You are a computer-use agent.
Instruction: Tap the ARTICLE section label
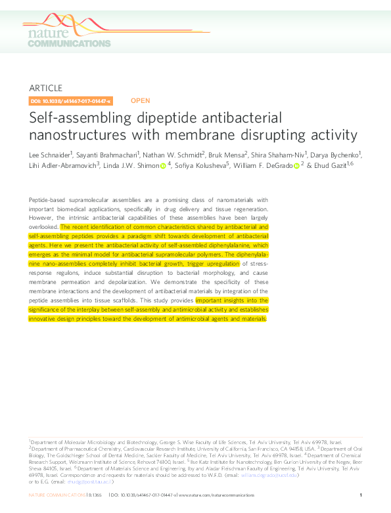46,88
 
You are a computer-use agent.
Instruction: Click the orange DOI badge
71,101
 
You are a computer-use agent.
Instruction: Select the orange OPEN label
140,101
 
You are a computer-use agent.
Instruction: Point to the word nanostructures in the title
72,135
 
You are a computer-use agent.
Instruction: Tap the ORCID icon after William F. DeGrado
296,166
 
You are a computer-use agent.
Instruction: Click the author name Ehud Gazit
330,166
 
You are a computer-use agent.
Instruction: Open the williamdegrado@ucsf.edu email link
273,475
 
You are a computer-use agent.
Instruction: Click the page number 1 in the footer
361,495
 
